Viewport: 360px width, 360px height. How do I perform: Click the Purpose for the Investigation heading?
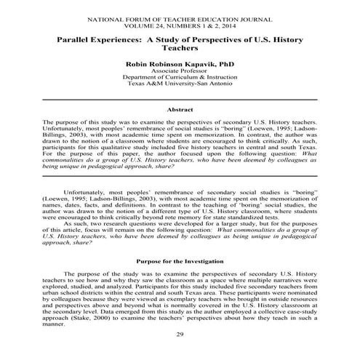[x=180, y=260]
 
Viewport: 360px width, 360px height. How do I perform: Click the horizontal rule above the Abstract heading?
[x=180, y=99]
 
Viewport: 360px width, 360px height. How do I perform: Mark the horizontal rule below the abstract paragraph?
[x=180, y=177]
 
